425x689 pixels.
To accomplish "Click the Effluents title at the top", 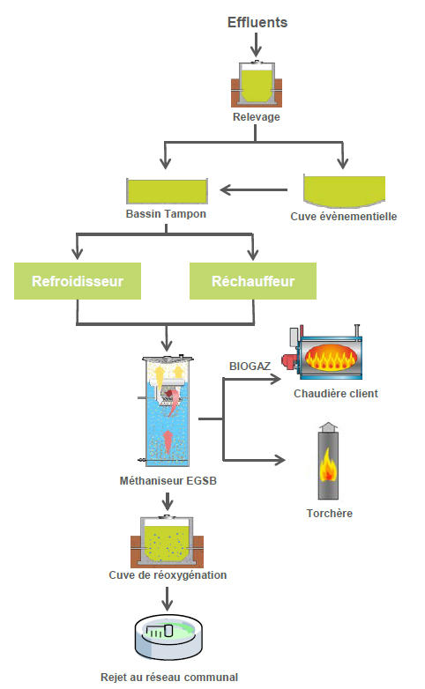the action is tap(257, 22).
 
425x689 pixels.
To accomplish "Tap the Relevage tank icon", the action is tap(257, 84).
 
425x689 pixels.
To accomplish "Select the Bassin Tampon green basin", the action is tap(167, 191).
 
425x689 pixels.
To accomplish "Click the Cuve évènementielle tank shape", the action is tap(345, 190).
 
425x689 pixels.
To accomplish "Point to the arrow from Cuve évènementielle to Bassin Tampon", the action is tap(253, 189).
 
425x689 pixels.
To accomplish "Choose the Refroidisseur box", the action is tap(78, 281).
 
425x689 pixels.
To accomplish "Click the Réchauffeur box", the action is tap(253, 281).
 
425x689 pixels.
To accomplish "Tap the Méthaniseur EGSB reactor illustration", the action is tap(168, 411).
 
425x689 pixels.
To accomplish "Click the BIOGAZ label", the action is tap(250, 366).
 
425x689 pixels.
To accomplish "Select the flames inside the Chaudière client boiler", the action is tap(330, 357).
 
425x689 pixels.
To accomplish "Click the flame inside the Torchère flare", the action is tap(328, 465).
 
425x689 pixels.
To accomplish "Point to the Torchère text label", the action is tap(330, 514).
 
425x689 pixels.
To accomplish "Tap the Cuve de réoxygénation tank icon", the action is tap(168, 542).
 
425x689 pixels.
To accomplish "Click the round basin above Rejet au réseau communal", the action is tap(168, 637).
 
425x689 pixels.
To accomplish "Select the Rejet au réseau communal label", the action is tap(169, 678).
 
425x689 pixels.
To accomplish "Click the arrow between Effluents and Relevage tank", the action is tap(256, 44).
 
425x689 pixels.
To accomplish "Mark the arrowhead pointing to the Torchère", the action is tap(280, 460).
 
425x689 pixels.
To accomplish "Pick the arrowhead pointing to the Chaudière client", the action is tap(276, 379).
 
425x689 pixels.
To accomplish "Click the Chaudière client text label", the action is tap(336, 394).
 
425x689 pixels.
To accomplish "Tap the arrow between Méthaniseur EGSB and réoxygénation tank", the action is tap(168, 501).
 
